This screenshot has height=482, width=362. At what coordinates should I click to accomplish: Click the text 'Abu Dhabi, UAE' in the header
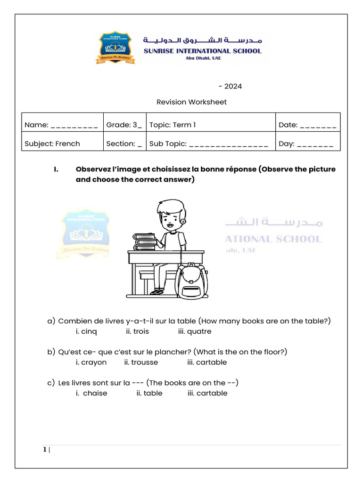click(202, 58)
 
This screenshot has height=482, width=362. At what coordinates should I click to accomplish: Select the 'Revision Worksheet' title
click(191, 102)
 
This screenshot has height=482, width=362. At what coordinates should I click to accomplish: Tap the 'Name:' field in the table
click(61, 125)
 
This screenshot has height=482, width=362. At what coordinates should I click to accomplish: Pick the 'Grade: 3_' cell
click(124, 125)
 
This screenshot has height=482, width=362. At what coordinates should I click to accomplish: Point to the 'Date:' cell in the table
click(307, 125)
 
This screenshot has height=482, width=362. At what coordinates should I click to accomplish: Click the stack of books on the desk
click(145, 241)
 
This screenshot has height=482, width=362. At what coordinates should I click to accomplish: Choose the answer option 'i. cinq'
click(86, 331)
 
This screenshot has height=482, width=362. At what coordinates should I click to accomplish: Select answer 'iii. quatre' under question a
click(195, 331)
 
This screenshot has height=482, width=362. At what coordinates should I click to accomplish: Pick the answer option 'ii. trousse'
click(141, 362)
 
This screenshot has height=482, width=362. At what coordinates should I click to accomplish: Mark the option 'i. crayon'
click(91, 362)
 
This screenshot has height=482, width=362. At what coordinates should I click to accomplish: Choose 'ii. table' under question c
click(149, 394)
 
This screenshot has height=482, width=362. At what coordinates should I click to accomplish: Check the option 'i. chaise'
click(91, 394)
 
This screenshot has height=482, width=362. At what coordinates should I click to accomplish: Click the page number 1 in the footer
click(44, 450)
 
